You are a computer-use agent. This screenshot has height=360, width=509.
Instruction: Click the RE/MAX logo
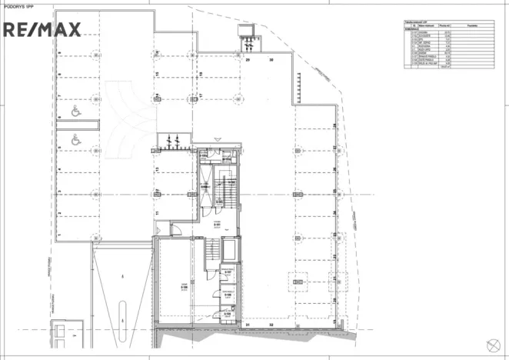point(42,30)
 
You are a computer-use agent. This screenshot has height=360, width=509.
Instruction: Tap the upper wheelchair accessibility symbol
point(76,112)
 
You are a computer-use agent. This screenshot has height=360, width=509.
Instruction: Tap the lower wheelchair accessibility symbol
point(76,140)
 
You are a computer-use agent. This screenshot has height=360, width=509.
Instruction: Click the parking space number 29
point(248,59)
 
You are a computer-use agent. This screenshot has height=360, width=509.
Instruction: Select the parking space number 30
point(271,59)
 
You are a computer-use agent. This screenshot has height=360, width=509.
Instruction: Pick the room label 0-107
point(228,272)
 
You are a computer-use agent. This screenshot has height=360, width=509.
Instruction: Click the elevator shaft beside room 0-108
point(228,250)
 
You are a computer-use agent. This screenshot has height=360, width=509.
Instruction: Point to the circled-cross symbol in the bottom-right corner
point(492,345)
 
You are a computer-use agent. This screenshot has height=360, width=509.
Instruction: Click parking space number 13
point(156,168)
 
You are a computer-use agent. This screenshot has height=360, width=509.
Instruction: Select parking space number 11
point(156,212)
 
